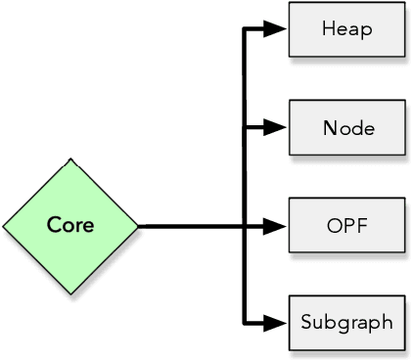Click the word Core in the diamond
click(70, 226)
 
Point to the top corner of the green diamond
click(70, 159)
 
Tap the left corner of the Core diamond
click(4, 226)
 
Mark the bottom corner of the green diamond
click(70, 292)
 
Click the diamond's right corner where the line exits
click(137, 226)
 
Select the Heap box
click(346, 29)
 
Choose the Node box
click(346, 127)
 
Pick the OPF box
click(346, 225)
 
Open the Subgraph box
click(346, 322)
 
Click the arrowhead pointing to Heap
click(278, 29)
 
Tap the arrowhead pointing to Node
click(278, 127)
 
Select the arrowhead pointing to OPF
click(278, 226)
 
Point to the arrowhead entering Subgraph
click(278, 322)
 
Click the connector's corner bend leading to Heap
click(244, 29)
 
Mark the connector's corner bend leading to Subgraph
click(244, 322)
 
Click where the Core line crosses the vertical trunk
click(244, 226)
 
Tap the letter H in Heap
click(327, 29)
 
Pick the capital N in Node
click(329, 127)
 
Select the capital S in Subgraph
click(306, 322)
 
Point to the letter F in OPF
click(361, 225)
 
